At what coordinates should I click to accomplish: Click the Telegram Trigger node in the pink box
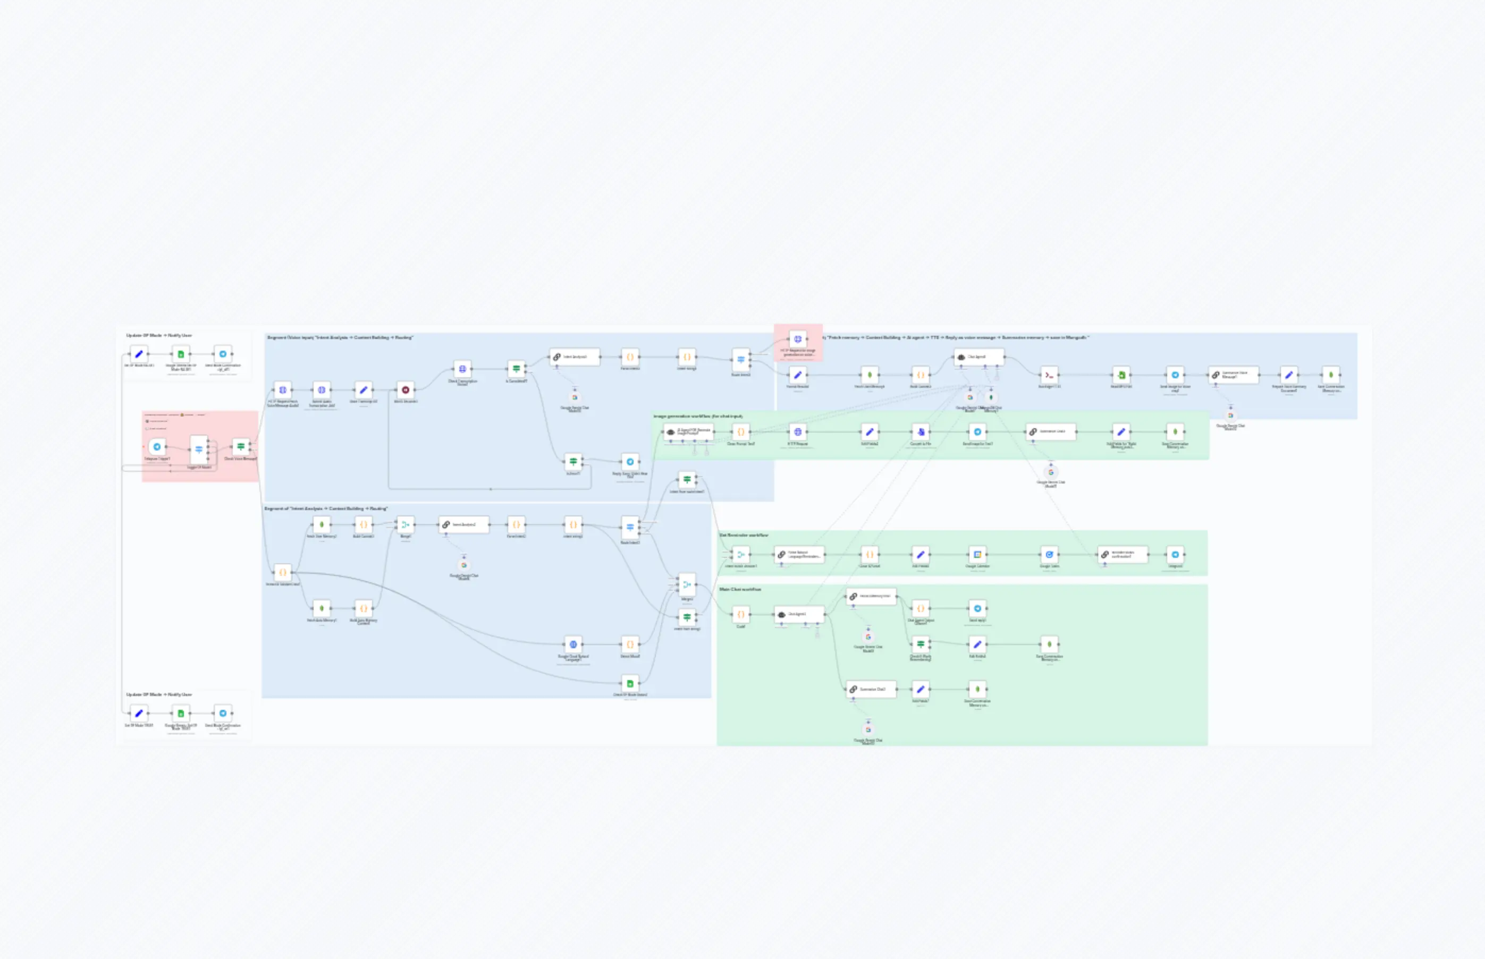coord(157,446)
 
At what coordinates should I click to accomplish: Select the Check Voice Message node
coord(240,446)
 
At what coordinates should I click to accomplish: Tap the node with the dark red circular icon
coord(406,390)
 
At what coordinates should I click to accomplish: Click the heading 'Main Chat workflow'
coord(740,589)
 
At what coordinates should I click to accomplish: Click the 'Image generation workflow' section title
coord(698,416)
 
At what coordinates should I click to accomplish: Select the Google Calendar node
coord(977,554)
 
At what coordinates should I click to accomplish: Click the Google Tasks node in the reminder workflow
coord(1050,554)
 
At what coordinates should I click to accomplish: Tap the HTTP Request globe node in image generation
coord(797,431)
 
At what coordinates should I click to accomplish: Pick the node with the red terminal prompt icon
coord(1050,375)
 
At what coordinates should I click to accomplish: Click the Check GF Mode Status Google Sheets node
coord(630,683)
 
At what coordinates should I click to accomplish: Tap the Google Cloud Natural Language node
coord(573,644)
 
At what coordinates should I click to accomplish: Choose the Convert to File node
coord(921,431)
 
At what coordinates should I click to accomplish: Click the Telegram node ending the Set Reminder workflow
coord(1175,554)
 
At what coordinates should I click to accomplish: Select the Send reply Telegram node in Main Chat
coord(977,608)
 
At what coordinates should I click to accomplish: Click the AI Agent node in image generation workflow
coord(688,431)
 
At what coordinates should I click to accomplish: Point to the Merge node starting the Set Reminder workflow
coord(740,554)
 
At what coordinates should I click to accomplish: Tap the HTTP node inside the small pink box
coord(797,340)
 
